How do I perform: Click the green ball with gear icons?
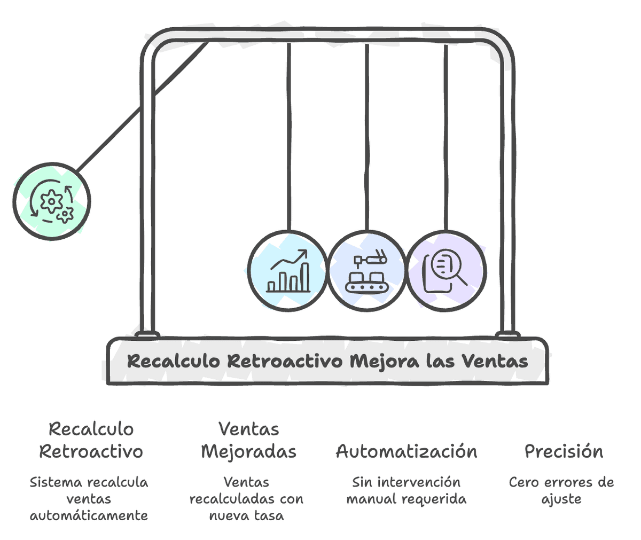point(52,200)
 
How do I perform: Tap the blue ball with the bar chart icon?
point(287,270)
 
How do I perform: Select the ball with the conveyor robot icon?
point(366,270)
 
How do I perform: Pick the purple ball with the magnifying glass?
point(446,270)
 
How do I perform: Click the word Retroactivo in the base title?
point(285,361)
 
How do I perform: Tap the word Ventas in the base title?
point(495,361)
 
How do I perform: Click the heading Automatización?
point(407,451)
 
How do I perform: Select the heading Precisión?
point(564,451)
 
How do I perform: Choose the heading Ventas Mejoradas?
point(248,440)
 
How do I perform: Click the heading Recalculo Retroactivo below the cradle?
point(91,440)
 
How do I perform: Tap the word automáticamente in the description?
point(89,515)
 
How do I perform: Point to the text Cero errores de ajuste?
point(561,490)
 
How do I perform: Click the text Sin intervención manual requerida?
point(406,490)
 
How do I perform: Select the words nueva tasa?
point(246,515)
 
